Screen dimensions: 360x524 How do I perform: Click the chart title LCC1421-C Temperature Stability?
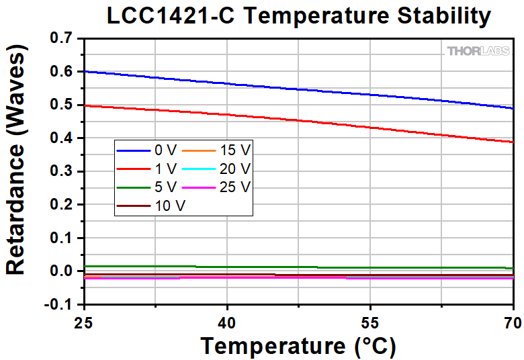[x=298, y=17]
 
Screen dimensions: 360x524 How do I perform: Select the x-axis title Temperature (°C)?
[x=298, y=346]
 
